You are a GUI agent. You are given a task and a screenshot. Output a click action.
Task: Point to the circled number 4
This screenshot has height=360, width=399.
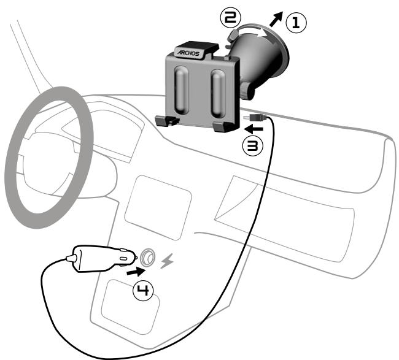coord(143,289)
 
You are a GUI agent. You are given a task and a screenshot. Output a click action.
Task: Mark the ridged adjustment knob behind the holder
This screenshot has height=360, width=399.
coord(247,92)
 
